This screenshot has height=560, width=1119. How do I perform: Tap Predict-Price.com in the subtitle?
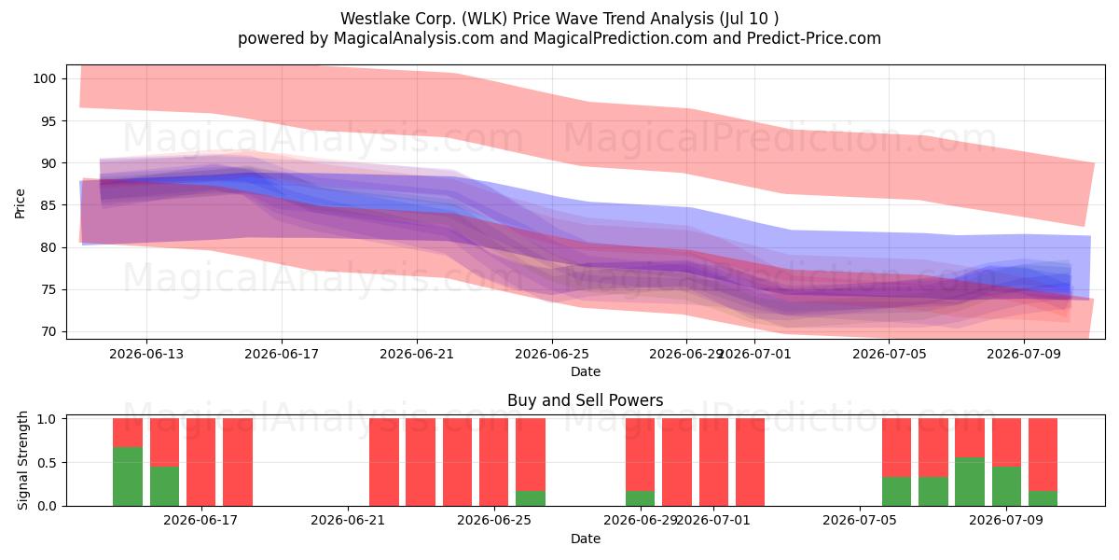[814, 38]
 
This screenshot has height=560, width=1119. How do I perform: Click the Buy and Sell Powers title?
[585, 400]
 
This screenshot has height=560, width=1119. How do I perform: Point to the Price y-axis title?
[20, 203]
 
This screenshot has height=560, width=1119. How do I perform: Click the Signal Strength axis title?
[22, 460]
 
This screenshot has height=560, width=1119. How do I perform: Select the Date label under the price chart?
[586, 371]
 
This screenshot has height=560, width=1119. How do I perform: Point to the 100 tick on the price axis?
[45, 78]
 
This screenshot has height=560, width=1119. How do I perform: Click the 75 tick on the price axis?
[48, 290]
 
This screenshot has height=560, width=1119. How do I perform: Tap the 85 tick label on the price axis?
[48, 205]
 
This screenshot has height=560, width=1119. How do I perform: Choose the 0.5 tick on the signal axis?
[47, 463]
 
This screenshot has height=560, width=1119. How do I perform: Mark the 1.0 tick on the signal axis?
[47, 418]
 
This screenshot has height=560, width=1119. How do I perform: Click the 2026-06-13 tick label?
[146, 354]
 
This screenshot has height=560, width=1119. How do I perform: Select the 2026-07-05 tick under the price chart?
[890, 354]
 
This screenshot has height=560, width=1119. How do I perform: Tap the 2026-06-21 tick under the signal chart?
[348, 521]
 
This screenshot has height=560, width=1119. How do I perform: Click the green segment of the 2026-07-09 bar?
[1006, 486]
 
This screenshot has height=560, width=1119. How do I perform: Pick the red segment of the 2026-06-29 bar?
[640, 455]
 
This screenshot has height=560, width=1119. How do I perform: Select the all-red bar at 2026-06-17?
[201, 462]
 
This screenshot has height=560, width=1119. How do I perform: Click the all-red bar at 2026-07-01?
[713, 462]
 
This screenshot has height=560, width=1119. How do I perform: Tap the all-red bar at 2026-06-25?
[493, 462]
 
